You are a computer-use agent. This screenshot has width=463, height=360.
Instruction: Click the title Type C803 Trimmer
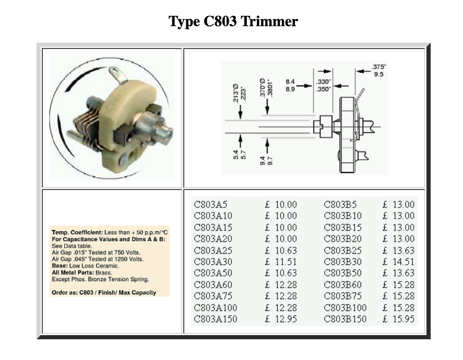tap(233, 21)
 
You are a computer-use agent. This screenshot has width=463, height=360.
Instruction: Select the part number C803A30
tap(213, 262)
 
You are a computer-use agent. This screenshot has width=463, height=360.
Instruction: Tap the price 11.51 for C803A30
tap(286, 262)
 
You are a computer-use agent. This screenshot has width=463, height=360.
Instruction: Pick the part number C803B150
tap(345, 319)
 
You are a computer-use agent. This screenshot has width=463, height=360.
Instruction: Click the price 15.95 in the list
tap(403, 319)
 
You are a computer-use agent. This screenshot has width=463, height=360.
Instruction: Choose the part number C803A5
tap(211, 204)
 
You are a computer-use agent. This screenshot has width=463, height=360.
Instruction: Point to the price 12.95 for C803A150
tap(286, 319)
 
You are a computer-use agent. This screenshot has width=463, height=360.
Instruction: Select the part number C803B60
tap(343, 285)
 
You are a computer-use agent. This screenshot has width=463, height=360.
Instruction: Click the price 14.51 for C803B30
tap(403, 262)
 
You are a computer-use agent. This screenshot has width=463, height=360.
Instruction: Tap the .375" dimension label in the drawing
tap(378, 67)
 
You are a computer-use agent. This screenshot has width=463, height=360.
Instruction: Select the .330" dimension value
tap(324, 82)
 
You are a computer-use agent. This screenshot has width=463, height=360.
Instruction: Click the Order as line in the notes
tap(104, 293)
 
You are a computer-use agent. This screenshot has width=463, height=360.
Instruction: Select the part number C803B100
tap(345, 308)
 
